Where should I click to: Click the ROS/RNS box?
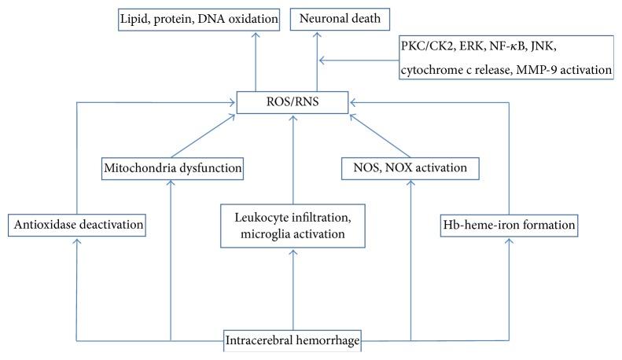click(x=294, y=101)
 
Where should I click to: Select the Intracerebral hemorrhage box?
click(x=294, y=341)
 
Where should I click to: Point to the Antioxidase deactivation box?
click(x=78, y=226)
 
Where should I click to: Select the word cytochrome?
click(x=429, y=69)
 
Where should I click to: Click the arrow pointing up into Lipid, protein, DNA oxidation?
click(x=255, y=63)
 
